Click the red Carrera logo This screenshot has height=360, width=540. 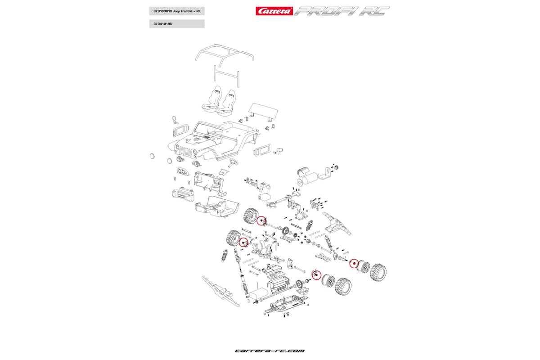pyautogui.click(x=274, y=11)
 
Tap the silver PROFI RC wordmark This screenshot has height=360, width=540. pyautogui.click(x=342, y=11)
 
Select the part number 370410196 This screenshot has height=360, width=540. pyautogui.click(x=163, y=24)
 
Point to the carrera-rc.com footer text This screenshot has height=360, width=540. pyautogui.click(x=270, y=351)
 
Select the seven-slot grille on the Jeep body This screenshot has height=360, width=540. pyautogui.click(x=185, y=151)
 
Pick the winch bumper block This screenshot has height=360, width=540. pyautogui.click(x=183, y=194)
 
